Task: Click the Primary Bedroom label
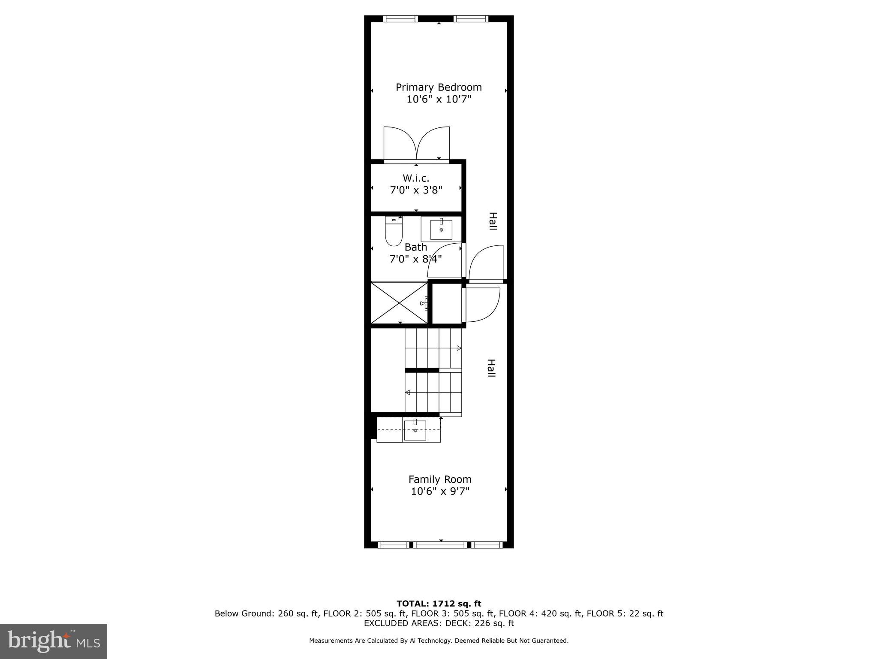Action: point(439,88)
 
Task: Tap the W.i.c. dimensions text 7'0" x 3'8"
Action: point(416,190)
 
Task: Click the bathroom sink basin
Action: point(441,230)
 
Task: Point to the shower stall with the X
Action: point(399,303)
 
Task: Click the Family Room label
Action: point(440,480)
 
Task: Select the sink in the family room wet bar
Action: point(415,430)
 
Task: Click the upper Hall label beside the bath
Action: point(493,221)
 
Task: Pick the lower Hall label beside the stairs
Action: point(491,368)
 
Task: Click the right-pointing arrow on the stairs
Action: point(458,348)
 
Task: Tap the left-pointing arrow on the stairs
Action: point(408,392)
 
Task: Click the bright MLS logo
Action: point(54,641)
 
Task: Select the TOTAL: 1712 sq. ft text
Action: point(439,604)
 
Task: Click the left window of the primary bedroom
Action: point(400,19)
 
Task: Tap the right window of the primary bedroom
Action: point(471,19)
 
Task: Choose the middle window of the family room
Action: point(440,545)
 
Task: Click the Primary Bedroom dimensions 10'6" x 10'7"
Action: point(439,100)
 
